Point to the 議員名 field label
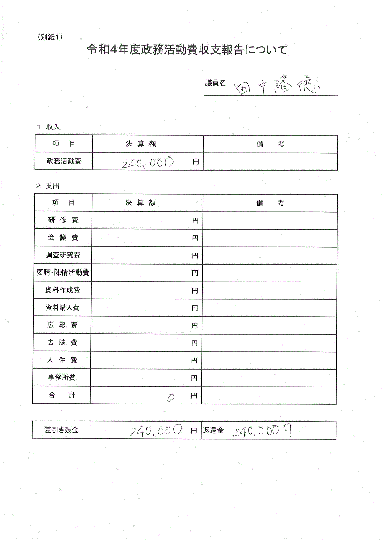point(215,83)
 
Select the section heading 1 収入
point(48,127)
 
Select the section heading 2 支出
point(48,186)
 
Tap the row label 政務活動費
point(64,161)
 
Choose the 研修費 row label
point(63,220)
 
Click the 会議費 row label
point(63,238)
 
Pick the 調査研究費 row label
point(63,255)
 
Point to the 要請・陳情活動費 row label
point(63,273)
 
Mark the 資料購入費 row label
point(62,307)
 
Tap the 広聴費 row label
point(62,342)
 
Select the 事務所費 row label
point(62,377)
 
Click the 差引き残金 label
point(61,430)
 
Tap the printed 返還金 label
point(213,430)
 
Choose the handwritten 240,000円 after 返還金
point(262,431)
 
